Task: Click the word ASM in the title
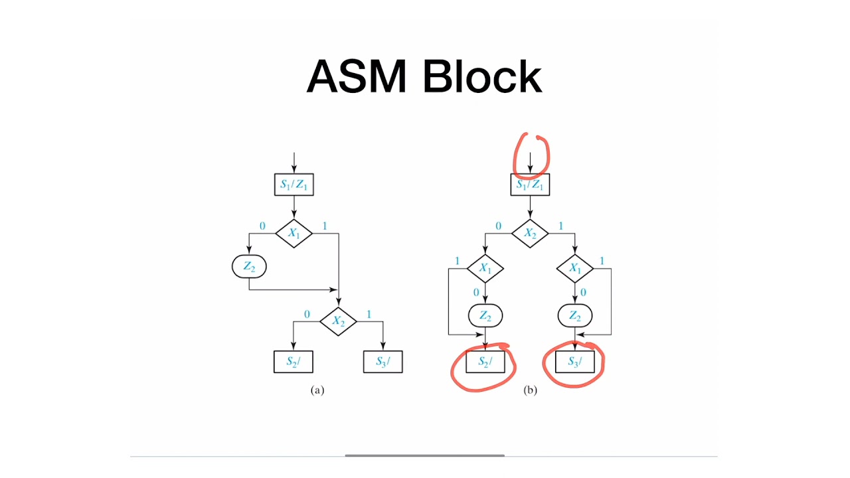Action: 356,76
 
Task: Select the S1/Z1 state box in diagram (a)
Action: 294,185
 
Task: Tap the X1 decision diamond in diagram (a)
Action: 294,234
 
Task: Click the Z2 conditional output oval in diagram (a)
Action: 248,267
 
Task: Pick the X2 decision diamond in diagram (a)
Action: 338,321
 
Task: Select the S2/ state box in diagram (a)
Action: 293,361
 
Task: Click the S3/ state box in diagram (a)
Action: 382,361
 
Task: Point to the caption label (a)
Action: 317,390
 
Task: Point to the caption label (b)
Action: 530,390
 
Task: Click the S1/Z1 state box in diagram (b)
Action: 530,185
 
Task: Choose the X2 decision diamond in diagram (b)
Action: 530,234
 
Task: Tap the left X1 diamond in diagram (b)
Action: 485,269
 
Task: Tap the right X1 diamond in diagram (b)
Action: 575,269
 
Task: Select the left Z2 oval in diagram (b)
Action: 485,316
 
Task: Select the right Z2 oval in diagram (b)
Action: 575,316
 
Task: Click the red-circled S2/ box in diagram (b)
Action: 485,362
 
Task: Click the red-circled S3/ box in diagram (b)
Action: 575,362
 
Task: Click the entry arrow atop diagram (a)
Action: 294,162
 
